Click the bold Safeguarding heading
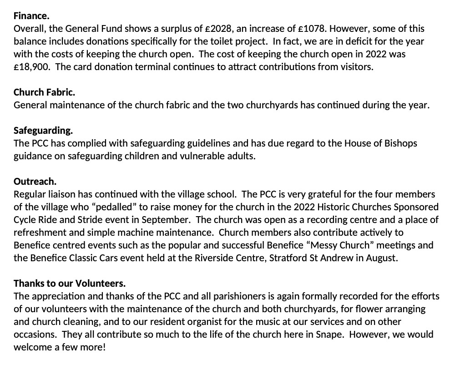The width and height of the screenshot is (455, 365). [x=43, y=131]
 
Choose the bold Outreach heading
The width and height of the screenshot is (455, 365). [x=35, y=181]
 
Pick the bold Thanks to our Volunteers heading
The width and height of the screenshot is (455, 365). [x=70, y=284]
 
